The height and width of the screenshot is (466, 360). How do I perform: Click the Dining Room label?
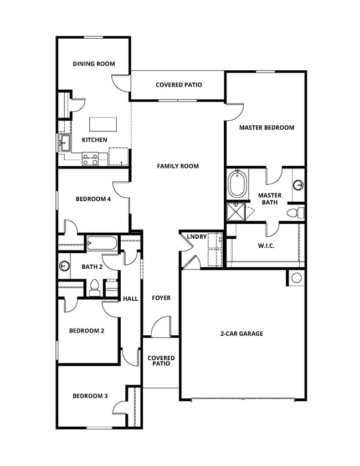click(94, 64)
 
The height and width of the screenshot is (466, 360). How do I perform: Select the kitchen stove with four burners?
click(90, 160)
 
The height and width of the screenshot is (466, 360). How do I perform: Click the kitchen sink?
click(64, 143)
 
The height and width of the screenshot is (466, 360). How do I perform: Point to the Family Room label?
click(177, 166)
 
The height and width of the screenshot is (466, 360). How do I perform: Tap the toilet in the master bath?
click(294, 212)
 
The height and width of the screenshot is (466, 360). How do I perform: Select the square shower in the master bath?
click(236, 212)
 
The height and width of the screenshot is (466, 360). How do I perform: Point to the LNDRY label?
click(197, 237)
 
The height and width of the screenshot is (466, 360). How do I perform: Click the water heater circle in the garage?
click(296, 278)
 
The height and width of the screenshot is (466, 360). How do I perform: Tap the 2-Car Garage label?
click(241, 334)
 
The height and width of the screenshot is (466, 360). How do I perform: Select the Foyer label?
click(161, 298)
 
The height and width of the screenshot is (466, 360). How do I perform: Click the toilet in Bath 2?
click(94, 288)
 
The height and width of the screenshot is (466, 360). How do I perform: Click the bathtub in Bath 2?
click(102, 243)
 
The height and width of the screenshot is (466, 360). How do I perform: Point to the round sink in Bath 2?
click(64, 267)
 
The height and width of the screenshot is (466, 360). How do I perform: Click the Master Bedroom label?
click(266, 127)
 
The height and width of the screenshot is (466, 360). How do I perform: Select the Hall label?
click(131, 299)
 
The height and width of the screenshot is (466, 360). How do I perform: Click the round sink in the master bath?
click(299, 185)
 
